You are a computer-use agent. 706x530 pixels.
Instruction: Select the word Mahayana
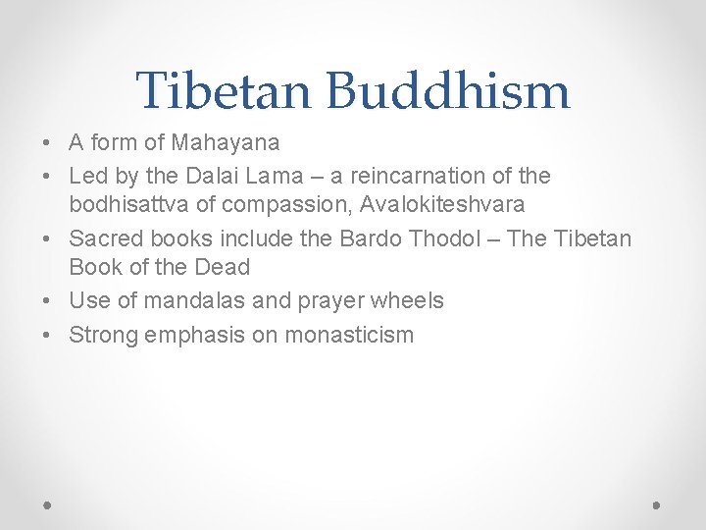coord(226,143)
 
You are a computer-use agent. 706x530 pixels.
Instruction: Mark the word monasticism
coord(349,335)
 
